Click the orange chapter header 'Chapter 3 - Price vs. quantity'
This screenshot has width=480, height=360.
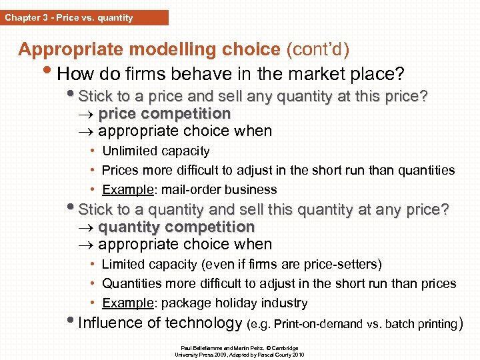[x=69, y=17]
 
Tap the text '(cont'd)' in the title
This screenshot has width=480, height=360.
[x=317, y=49]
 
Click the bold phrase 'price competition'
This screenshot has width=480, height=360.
[x=164, y=113]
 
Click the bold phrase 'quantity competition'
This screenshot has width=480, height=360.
[x=176, y=227]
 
